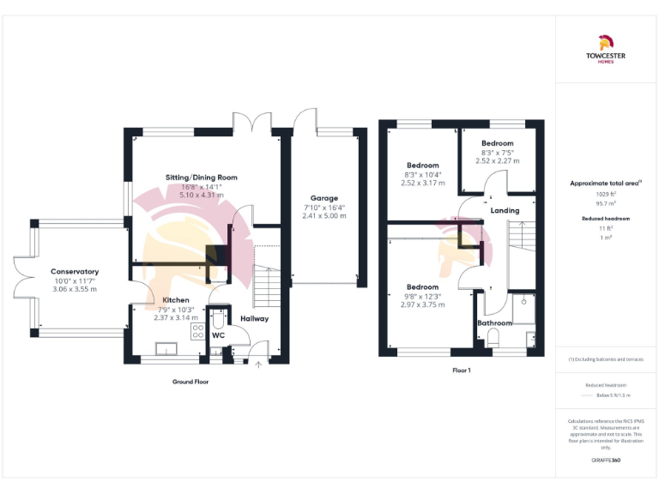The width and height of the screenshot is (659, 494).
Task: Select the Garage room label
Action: coord(323,198)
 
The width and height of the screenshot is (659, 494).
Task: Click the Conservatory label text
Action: coord(74,272)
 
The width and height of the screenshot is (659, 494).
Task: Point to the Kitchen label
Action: coord(175,300)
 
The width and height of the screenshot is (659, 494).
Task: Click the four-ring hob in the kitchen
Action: coord(197,331)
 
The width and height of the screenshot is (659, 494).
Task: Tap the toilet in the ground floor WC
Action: coord(217,320)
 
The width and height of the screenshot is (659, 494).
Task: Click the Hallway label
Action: coord(254,319)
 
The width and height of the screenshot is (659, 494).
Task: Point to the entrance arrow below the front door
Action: coord(258,365)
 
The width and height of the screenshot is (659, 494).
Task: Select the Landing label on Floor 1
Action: coord(504,210)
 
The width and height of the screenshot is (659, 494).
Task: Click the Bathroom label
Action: coord(495,323)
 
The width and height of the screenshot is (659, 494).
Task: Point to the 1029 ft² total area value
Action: coord(606,195)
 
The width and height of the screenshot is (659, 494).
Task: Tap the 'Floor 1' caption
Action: coord(462,370)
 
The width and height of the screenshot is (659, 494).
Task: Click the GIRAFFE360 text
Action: coord(606,461)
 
